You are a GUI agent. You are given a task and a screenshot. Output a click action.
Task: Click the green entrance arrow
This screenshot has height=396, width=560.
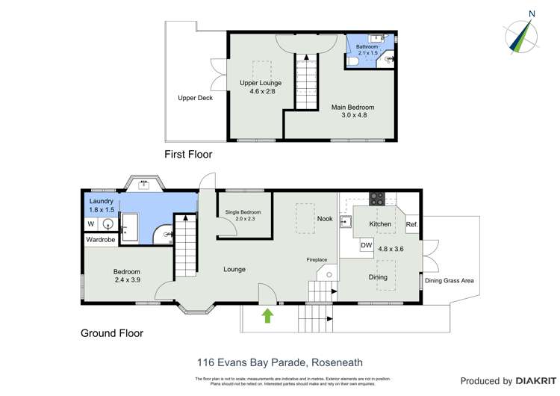(267, 317)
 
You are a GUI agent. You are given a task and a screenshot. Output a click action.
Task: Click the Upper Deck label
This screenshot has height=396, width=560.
(195, 98)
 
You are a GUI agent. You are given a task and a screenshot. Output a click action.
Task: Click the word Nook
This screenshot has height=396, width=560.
(324, 219)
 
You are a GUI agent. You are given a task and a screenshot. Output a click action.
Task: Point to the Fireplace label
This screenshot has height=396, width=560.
(318, 260)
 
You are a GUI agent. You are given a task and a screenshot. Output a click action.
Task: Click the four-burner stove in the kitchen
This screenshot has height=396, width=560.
(378, 199)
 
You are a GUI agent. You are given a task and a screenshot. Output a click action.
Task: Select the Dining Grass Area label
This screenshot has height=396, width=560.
(449, 281)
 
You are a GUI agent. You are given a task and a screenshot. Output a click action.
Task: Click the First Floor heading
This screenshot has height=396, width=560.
(188, 155)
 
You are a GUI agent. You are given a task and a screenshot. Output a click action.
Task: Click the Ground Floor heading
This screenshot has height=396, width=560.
(112, 333)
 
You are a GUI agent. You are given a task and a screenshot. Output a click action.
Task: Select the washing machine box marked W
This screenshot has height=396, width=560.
(91, 223)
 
